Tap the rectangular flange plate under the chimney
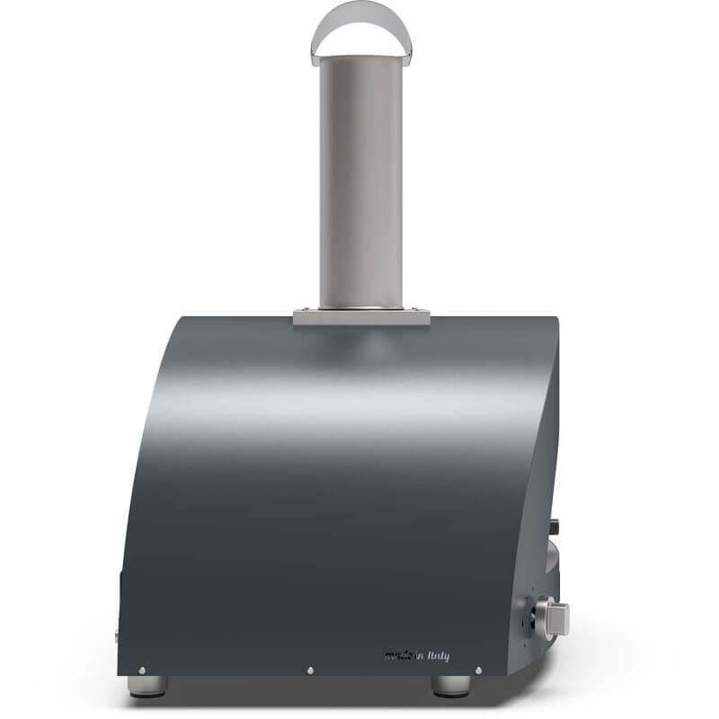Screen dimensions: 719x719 coord(360,316)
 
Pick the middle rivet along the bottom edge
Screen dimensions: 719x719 coord(310,670)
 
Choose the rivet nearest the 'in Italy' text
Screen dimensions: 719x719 coord(477,670)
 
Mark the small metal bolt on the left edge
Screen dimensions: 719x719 coord(116,635)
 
